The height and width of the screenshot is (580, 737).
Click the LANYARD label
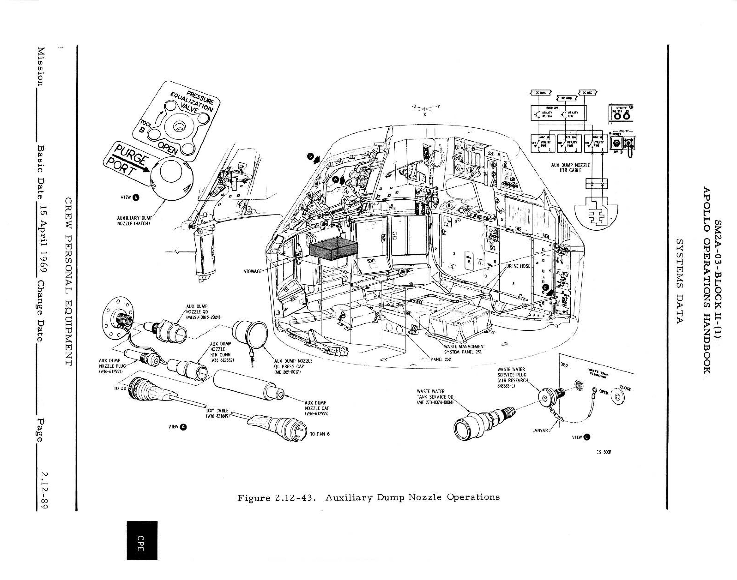pyautogui.click(x=541, y=430)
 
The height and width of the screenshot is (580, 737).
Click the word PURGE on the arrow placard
pyautogui.click(x=131, y=155)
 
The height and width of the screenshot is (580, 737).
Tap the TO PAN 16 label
pyautogui.click(x=320, y=434)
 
